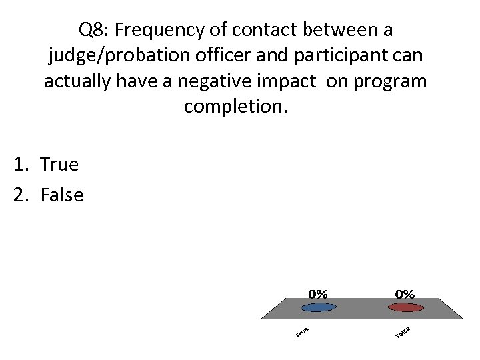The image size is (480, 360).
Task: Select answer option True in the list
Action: pyautogui.click(x=59, y=164)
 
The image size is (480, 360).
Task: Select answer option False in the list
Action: pyautogui.click(x=61, y=195)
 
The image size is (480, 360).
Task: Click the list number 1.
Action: pyautogui.click(x=19, y=164)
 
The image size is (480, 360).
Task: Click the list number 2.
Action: pyautogui.click(x=19, y=195)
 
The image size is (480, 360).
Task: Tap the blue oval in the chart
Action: pyautogui.click(x=318, y=307)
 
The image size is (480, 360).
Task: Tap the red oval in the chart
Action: pyautogui.click(x=405, y=307)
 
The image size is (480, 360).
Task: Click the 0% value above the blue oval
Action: pyautogui.click(x=317, y=293)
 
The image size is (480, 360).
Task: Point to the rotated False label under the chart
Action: pyautogui.click(x=402, y=331)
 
